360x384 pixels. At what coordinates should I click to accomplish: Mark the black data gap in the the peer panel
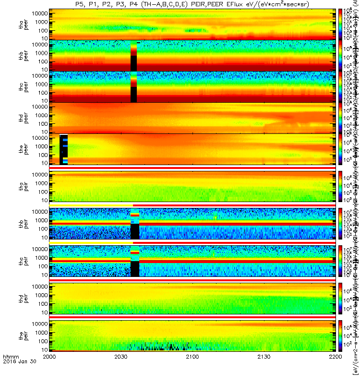point(62,150)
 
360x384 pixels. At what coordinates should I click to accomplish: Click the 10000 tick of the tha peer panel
point(40,13)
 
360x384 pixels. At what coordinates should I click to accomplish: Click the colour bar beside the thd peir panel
point(340,298)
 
